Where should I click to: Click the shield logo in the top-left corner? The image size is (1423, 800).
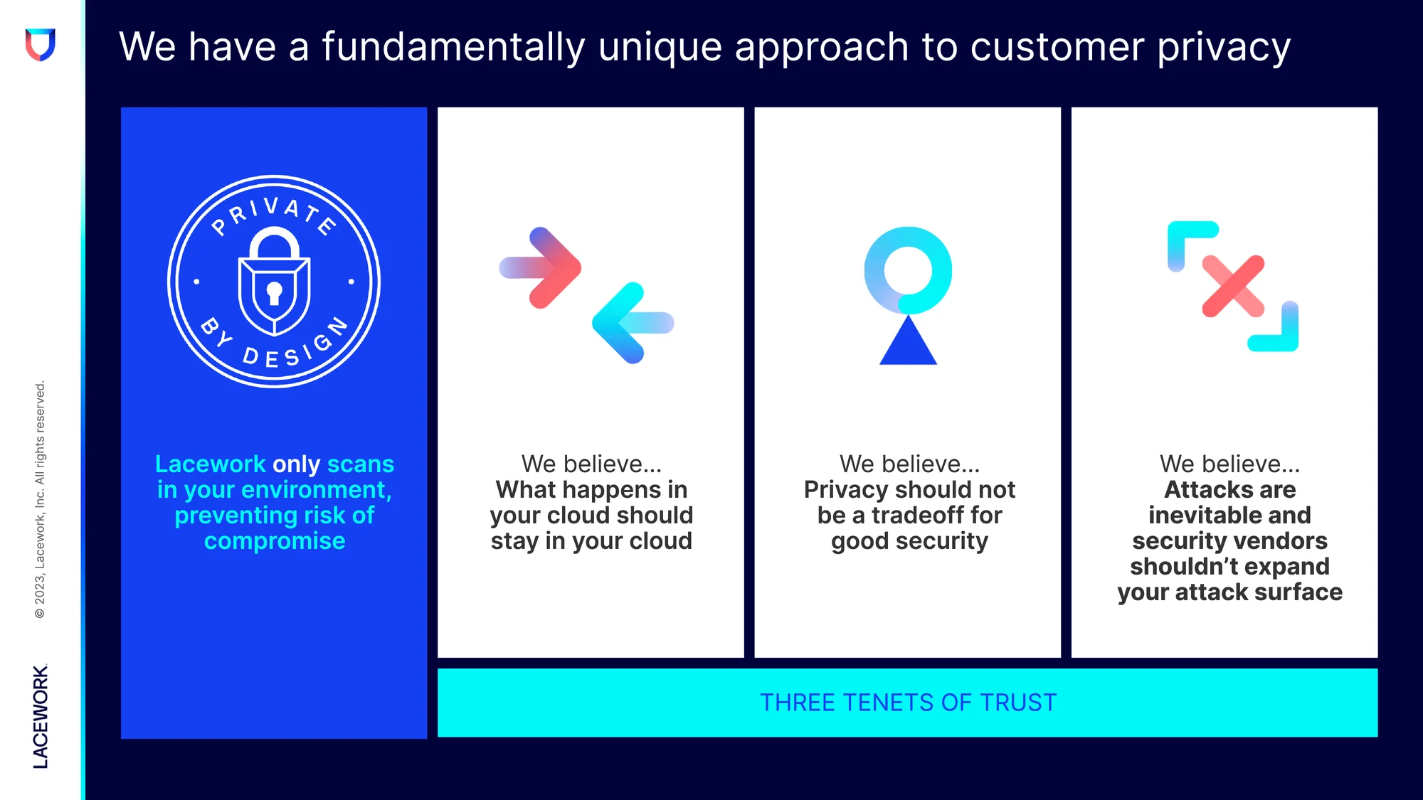[41, 45]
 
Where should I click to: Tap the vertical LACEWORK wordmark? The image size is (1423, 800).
[41, 717]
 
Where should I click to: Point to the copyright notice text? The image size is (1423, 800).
[40, 499]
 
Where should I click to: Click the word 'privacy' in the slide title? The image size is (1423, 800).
[1224, 48]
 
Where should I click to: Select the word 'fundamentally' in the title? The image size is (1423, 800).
[453, 47]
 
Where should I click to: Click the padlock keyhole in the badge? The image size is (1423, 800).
[274, 293]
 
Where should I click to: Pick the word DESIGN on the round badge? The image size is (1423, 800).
[296, 345]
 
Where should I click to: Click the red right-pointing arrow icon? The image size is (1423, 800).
[541, 267]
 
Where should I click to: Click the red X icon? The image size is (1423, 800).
[1233, 286]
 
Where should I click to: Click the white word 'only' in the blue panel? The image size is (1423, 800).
[296, 464]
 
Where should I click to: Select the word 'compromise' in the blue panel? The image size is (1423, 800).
[275, 541]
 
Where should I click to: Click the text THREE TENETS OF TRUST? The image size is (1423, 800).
[908, 703]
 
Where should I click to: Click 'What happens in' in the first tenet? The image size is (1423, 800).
[591, 490]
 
